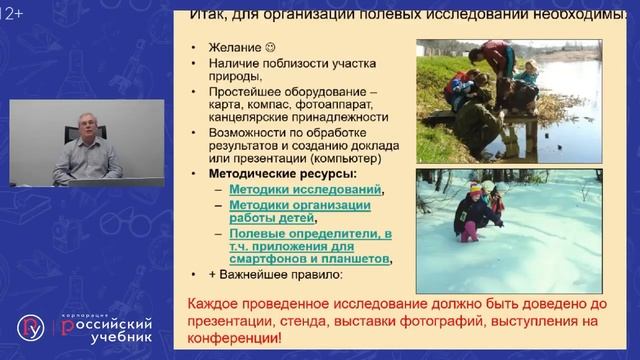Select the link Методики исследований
[305, 189]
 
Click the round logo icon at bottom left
[31, 327]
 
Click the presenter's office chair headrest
[71, 132]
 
